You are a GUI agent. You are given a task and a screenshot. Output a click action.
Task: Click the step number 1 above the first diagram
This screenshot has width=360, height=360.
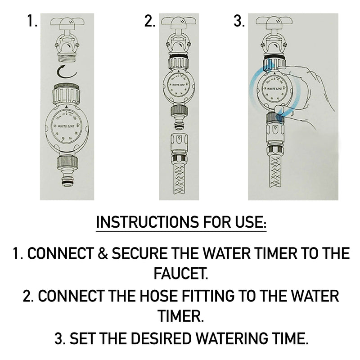point(32,21)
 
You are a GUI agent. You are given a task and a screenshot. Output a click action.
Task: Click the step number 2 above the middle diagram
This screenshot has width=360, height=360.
point(149,21)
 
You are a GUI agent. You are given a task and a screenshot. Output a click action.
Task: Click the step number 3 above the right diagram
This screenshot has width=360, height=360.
point(239,21)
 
